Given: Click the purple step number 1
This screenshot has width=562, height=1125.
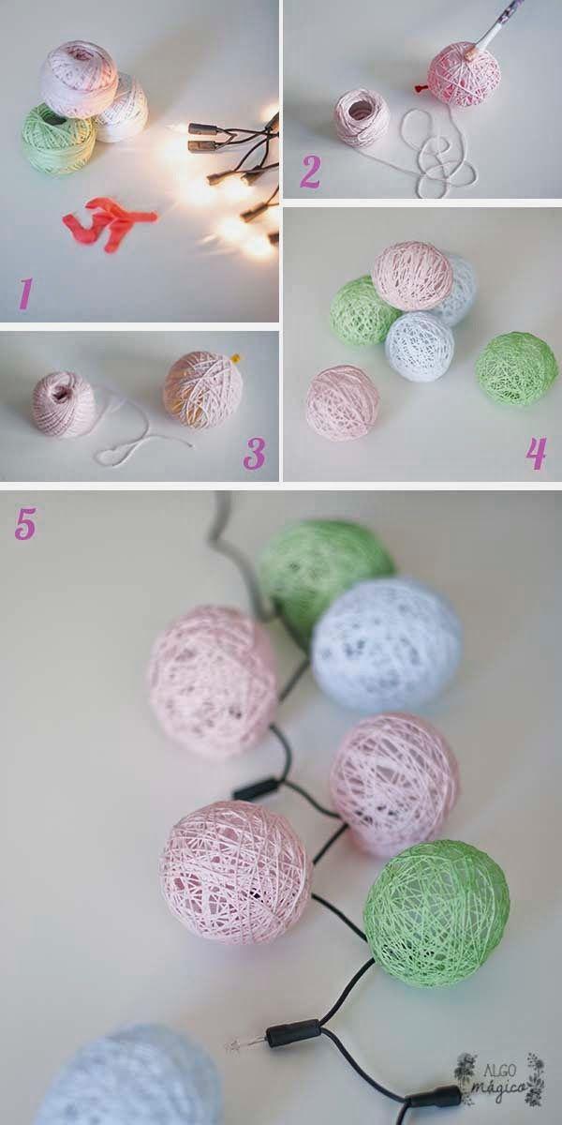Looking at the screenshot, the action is tap(25, 293).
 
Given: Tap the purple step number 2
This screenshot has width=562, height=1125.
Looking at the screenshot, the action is tap(310, 172).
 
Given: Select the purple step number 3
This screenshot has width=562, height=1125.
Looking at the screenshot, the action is tap(254, 454).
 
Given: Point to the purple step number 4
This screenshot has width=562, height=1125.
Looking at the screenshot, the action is tap(536, 454).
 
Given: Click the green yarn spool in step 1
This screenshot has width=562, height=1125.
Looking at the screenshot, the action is tap(58, 138).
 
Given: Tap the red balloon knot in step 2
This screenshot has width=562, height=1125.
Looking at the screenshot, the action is tap(418, 88).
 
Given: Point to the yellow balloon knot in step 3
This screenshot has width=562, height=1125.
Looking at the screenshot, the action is tap(236, 358).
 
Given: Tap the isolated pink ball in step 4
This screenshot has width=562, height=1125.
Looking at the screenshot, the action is tap(343, 403).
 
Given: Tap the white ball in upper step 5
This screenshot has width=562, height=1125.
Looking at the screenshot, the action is tap(387, 645).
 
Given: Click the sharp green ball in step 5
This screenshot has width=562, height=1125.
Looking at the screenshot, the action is tap(437, 915).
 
